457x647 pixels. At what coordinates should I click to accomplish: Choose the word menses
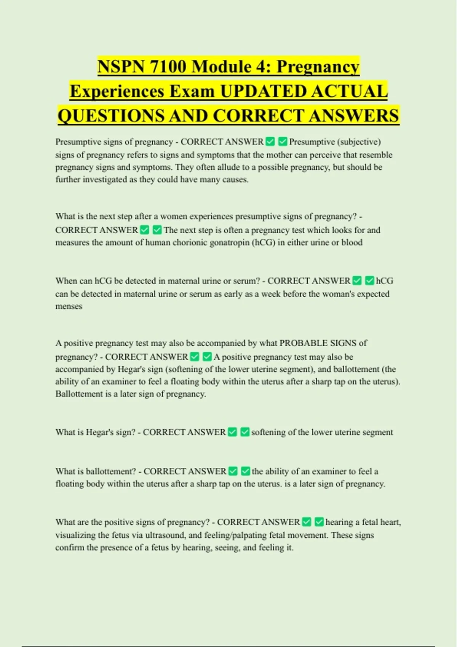tap(69, 306)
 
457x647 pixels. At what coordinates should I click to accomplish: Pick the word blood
tap(352, 242)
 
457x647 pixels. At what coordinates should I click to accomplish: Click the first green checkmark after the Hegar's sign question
tap(232, 432)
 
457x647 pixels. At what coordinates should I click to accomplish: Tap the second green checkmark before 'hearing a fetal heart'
tap(319, 522)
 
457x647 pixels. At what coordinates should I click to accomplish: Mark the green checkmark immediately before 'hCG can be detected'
tap(369, 281)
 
